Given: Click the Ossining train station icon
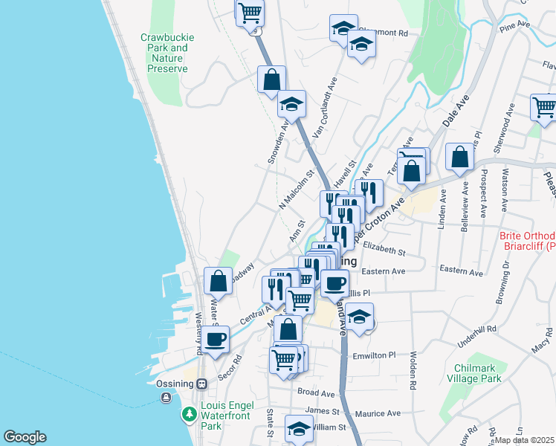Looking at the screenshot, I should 201,384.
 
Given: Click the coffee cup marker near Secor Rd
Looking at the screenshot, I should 216,339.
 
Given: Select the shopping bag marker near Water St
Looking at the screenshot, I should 218,281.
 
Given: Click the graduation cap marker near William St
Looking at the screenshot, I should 299,430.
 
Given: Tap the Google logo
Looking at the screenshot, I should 25,437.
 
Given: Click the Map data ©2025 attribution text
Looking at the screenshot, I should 525,440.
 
